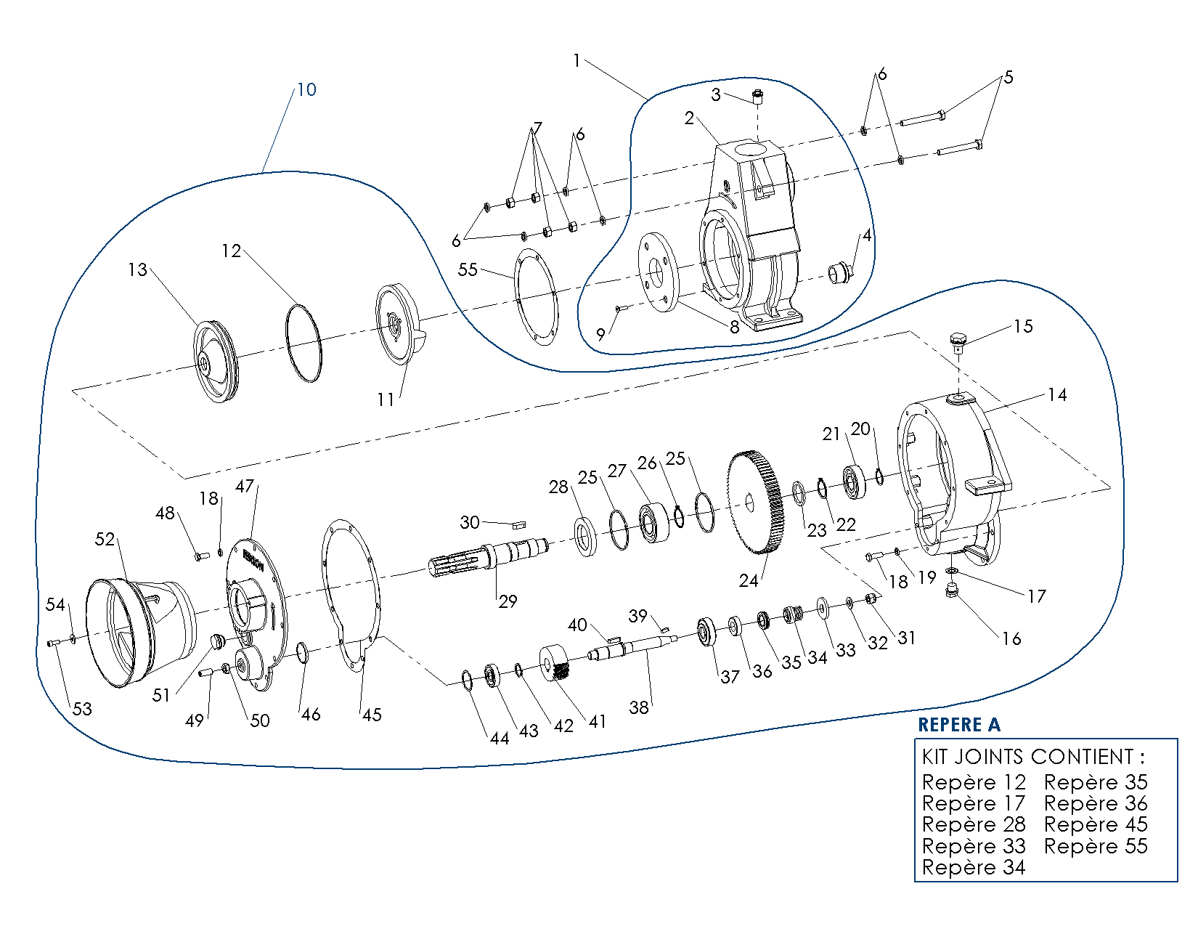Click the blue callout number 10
click(x=306, y=89)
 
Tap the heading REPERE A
click(x=958, y=725)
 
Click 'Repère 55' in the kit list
click(x=1096, y=846)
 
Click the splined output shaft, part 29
click(x=486, y=558)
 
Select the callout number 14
click(x=1057, y=394)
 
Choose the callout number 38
click(x=639, y=707)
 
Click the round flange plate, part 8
click(x=658, y=272)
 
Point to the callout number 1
click(x=576, y=60)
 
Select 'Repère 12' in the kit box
click(x=974, y=782)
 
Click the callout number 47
click(x=245, y=486)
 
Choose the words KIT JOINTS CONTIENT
click(x=1032, y=757)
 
